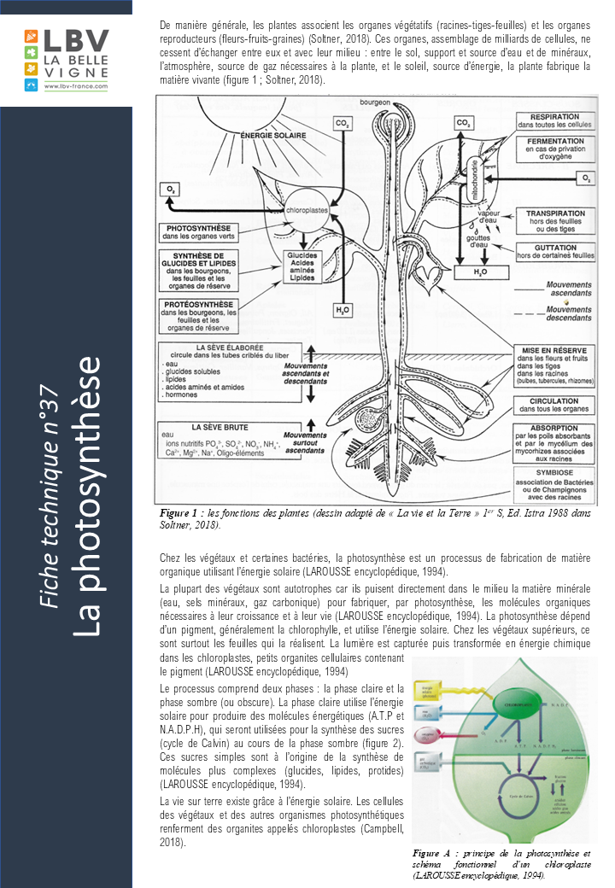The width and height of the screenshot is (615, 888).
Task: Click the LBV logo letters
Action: pos(75,40)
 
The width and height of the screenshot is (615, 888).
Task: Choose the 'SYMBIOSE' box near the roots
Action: pos(554,483)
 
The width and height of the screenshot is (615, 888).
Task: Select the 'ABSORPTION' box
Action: pos(554,440)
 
